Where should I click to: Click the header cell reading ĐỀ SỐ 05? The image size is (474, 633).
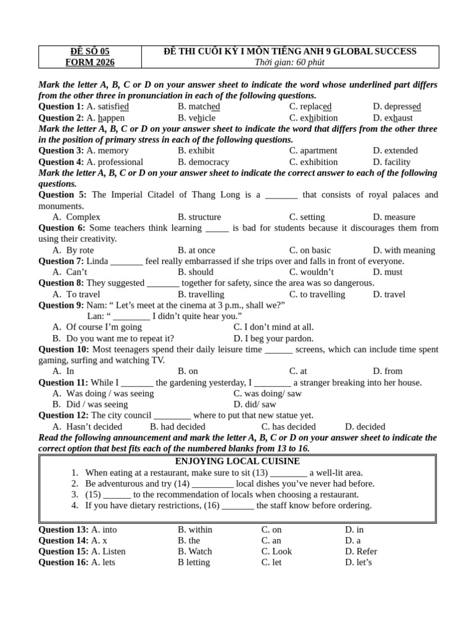coord(90,51)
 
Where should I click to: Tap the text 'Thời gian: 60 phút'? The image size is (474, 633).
coord(289,62)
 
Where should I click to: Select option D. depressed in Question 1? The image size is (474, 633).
coord(397,106)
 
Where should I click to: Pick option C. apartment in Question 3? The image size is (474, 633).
coord(313,150)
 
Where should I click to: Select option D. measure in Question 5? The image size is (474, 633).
coord(394,217)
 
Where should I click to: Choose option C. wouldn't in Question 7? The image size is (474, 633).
coord(312,272)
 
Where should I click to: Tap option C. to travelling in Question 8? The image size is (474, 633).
coord(317,294)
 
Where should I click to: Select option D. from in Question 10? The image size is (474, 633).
coord(388,371)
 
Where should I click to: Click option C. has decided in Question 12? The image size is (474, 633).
coord(288,427)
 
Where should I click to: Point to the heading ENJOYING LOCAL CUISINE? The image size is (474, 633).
coord(238,461)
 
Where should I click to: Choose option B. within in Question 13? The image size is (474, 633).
coord(194,530)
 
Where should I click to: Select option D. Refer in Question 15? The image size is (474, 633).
coord(361,551)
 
